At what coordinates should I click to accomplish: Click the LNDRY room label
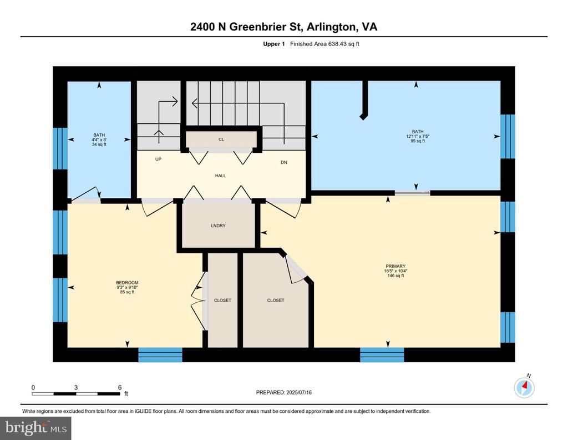point(218,226)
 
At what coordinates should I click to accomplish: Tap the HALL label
point(220,176)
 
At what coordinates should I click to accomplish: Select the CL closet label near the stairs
point(221,139)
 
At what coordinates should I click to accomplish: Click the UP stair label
point(158,159)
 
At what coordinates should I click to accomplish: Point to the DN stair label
point(284,163)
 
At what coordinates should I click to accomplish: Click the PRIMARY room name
point(395,266)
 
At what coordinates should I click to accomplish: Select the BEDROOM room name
point(127,283)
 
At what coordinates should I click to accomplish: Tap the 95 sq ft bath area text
point(418,141)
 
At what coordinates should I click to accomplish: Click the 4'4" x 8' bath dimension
point(99,139)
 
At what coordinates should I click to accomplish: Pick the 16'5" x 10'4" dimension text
point(395,271)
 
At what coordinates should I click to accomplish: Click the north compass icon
point(524,387)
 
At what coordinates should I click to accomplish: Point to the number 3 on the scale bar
point(76,387)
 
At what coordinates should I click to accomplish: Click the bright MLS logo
point(36,428)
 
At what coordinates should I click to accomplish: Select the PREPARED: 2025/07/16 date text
point(283,392)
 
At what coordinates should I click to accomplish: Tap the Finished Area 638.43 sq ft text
point(324,44)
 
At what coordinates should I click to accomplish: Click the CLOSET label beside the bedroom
point(222,301)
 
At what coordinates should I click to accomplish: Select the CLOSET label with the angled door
point(276,301)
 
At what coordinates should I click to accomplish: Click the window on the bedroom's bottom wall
point(160,355)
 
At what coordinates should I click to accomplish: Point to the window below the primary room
point(382,355)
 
